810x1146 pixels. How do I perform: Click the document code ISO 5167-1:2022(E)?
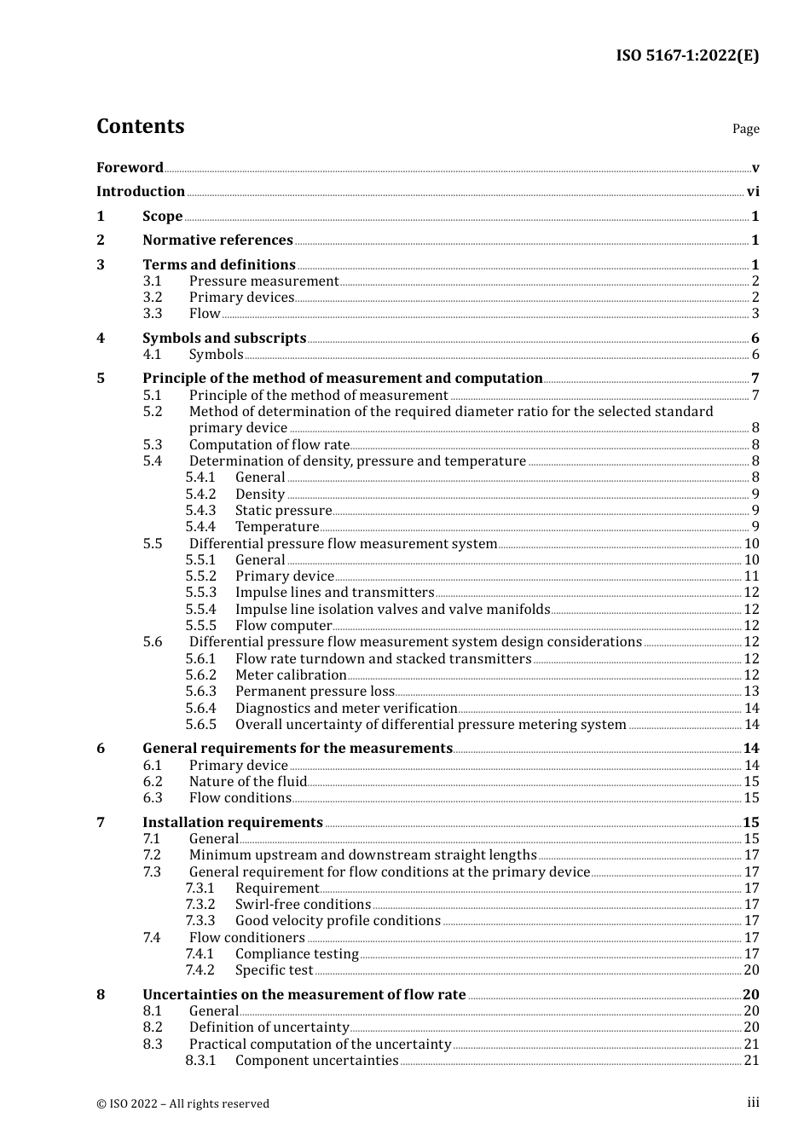[687, 56]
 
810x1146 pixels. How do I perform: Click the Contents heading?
[140, 126]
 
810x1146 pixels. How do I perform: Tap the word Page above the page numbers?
[745, 129]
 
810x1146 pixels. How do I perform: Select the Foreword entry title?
[130, 167]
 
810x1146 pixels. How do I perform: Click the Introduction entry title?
[141, 192]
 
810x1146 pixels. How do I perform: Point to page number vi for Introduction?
[753, 192]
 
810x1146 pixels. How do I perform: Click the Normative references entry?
[217, 240]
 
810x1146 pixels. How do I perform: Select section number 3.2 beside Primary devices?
[153, 298]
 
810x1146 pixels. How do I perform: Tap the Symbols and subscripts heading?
[224, 339]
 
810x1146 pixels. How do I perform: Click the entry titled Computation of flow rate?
[269, 445]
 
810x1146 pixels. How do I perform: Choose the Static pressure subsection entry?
[283, 511]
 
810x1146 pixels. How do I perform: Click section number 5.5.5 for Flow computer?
[201, 626]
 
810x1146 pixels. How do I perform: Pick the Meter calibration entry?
[291, 675]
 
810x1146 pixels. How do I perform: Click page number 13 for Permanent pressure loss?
[751, 692]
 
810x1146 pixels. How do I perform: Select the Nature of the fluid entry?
[247, 782]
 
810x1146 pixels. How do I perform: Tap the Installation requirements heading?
[233, 823]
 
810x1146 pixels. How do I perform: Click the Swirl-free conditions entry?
[303, 905]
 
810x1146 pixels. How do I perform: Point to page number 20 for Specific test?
[751, 970]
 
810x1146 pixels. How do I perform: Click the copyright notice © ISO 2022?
[182, 1103]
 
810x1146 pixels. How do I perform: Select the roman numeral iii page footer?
[753, 1103]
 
